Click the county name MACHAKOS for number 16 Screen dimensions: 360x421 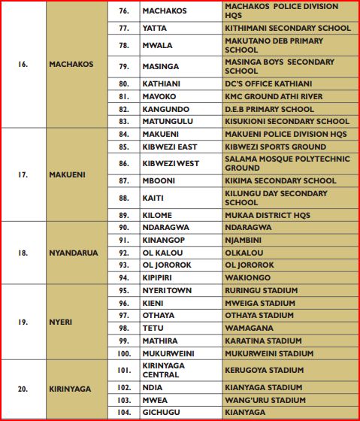[71, 64]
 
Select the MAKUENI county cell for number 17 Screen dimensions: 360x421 [68, 174]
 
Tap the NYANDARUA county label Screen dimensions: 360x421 [74, 253]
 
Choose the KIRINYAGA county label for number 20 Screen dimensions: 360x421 [71, 389]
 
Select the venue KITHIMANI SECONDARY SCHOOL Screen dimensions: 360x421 [287, 28]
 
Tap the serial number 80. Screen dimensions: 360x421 [124, 83]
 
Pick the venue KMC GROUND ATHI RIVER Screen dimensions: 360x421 [274, 96]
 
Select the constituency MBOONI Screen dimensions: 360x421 [159, 180]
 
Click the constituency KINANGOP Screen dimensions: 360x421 [165, 240]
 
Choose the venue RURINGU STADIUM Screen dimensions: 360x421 [261, 290]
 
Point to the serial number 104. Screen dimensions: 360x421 [124, 413]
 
